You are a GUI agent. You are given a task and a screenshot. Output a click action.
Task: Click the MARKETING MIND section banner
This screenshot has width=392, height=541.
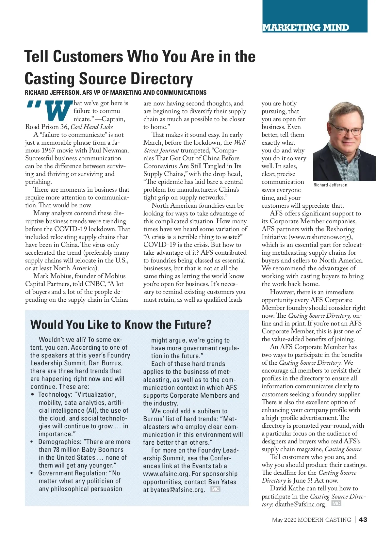point(306,27)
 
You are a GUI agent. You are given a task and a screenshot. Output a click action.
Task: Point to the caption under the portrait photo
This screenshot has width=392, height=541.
point(330,185)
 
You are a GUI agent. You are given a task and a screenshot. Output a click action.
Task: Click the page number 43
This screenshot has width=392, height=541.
point(363,519)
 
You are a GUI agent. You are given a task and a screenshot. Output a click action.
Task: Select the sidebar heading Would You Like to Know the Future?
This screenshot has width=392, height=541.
point(121,325)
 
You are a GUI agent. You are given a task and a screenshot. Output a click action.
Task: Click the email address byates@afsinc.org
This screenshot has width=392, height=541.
point(178,490)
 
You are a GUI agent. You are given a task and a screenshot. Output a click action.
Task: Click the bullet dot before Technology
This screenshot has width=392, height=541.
point(32,395)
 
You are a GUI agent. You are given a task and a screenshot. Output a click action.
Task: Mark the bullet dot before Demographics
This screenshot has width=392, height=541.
point(32,442)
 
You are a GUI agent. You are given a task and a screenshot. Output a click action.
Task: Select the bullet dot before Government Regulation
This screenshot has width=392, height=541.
point(32,473)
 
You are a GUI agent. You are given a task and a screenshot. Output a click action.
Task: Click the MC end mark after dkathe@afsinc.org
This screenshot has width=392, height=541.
point(336,503)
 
